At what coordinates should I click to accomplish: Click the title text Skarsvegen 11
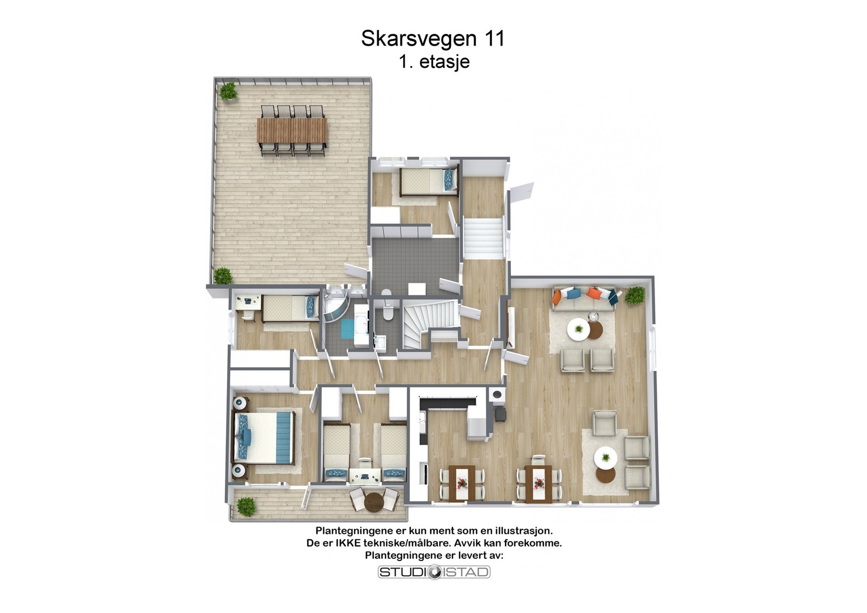click(432, 38)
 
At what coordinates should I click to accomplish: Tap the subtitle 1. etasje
click(434, 61)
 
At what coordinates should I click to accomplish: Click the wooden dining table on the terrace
click(292, 131)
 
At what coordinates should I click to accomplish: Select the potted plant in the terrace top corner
click(228, 91)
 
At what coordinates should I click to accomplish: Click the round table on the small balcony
click(374, 502)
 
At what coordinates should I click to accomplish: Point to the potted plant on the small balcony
click(246, 506)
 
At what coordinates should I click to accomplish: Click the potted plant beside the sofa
click(635, 296)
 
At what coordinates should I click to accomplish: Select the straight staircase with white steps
click(483, 237)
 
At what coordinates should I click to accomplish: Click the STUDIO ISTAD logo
click(433, 572)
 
